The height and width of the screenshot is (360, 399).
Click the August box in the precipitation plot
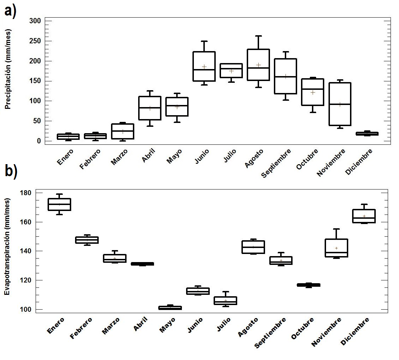click(258, 65)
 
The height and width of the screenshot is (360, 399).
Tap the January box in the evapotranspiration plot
click(60, 204)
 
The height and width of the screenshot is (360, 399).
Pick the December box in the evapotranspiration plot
click(364, 216)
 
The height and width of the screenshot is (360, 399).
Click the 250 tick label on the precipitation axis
click(35, 41)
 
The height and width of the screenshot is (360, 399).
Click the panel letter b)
click(11, 172)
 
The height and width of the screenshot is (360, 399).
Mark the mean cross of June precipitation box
click(204, 67)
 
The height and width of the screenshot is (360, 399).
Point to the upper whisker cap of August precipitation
click(258, 36)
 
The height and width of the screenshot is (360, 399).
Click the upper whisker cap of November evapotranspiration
click(337, 229)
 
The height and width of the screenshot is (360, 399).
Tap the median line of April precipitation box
click(150, 107)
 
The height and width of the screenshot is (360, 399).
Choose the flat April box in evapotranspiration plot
click(142, 263)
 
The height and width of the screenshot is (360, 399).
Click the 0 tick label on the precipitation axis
click(39, 141)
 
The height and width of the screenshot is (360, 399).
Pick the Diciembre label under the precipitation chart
click(359, 161)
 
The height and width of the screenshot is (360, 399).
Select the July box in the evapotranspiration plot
click(226, 300)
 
